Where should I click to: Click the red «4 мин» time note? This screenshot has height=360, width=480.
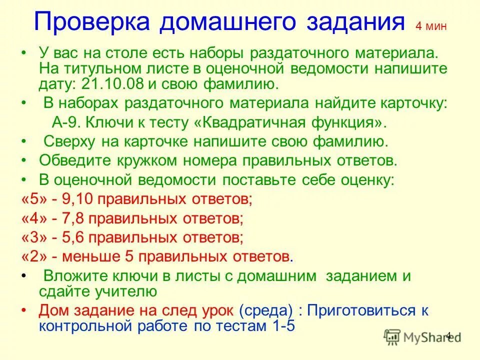pos(431,27)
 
